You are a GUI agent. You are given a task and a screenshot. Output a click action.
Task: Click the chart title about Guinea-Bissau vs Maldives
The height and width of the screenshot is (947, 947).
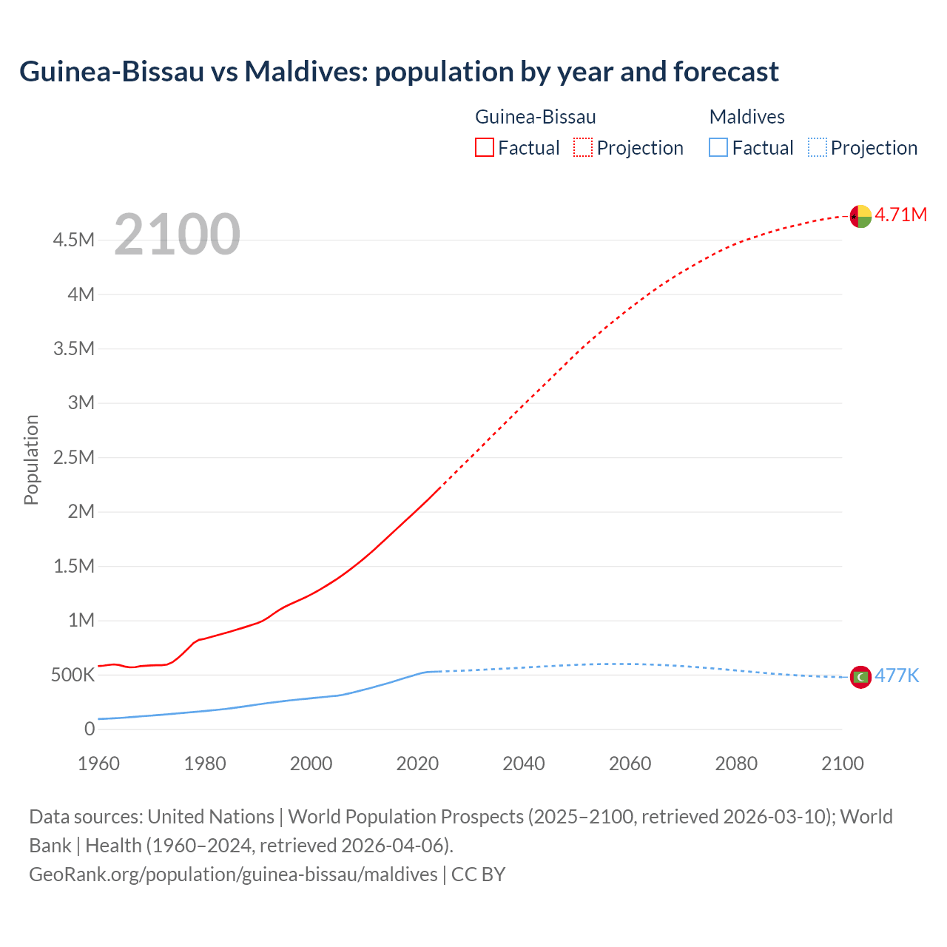click(x=399, y=72)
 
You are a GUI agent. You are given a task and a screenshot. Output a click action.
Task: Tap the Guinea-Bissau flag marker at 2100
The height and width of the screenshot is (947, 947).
click(x=860, y=216)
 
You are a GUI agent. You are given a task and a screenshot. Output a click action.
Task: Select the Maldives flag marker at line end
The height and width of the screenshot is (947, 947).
click(x=860, y=677)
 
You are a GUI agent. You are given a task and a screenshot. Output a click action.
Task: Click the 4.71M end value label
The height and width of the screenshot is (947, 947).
click(x=901, y=215)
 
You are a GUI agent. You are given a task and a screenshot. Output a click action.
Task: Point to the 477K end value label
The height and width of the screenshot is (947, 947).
click(x=897, y=676)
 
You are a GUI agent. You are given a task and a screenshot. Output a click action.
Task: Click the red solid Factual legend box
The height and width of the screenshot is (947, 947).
click(x=485, y=148)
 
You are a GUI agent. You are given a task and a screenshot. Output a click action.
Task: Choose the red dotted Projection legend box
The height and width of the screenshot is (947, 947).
click(x=583, y=148)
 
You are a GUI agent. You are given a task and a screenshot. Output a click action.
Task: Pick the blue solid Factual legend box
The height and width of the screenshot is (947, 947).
click(x=718, y=148)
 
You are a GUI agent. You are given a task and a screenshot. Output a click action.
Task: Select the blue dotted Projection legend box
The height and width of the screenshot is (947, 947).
click(x=818, y=148)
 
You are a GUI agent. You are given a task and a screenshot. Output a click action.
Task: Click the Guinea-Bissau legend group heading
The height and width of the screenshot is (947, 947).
click(x=535, y=117)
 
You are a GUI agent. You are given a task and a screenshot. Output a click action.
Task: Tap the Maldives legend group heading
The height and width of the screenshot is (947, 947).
click(x=747, y=117)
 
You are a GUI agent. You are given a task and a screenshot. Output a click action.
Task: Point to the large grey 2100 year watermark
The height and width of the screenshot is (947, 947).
click(x=177, y=235)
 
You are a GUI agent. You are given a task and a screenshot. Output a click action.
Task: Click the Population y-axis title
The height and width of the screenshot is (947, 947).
click(x=31, y=460)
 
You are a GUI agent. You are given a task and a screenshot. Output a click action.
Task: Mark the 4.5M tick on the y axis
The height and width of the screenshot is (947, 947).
click(x=74, y=240)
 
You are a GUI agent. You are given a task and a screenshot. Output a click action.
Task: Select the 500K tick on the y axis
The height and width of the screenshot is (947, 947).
click(x=73, y=675)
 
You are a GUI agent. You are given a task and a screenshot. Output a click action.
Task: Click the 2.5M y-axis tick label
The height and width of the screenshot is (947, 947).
click(x=74, y=457)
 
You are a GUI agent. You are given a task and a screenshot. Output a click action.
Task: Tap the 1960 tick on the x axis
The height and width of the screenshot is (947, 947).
click(x=98, y=764)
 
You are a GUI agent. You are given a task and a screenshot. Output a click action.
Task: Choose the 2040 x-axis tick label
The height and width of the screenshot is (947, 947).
click(x=524, y=764)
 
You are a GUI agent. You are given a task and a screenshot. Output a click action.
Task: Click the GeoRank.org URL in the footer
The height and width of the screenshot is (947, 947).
click(x=233, y=874)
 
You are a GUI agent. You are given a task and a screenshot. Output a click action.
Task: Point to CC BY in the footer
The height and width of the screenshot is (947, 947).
click(x=478, y=874)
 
